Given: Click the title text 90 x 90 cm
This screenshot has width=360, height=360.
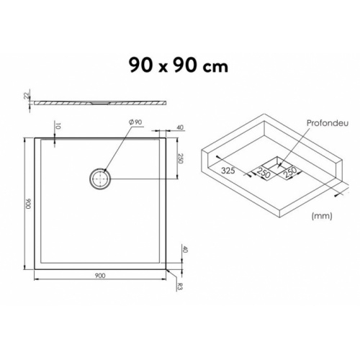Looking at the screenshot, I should click(179, 66).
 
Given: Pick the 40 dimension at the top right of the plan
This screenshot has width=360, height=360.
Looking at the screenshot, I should click(178, 130).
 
